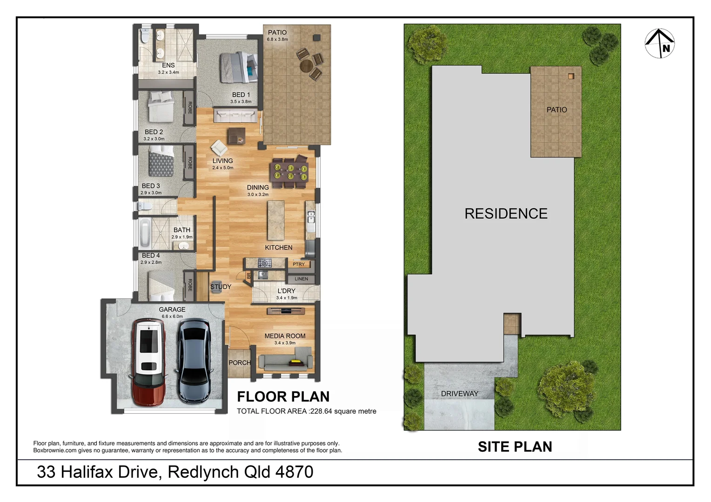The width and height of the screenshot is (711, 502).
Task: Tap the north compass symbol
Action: pyautogui.click(x=660, y=44)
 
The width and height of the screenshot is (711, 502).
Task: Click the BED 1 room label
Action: pyautogui.click(x=241, y=95)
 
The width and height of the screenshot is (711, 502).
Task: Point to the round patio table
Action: pyautogui.click(x=307, y=66)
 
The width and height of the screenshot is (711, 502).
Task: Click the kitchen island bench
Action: pyautogui.click(x=276, y=220)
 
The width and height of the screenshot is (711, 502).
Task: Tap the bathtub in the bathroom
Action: pyautogui.click(x=145, y=233)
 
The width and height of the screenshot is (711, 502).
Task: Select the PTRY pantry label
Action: pyautogui.click(x=299, y=264)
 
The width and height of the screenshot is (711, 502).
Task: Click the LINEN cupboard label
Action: pyautogui.click(x=301, y=279)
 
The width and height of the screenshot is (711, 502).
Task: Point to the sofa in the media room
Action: pyautogui.click(x=285, y=361)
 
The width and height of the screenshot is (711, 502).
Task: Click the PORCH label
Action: pyautogui.click(x=240, y=363)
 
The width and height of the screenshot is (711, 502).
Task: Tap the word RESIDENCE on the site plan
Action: pyautogui.click(x=506, y=213)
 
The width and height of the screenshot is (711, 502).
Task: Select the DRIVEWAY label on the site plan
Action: pyautogui.click(x=459, y=394)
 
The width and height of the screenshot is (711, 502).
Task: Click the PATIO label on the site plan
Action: pyautogui.click(x=557, y=110)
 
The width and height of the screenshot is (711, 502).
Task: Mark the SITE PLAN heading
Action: pyautogui.click(x=515, y=447)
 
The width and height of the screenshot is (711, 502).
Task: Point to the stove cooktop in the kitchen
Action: pyautogui.click(x=264, y=264)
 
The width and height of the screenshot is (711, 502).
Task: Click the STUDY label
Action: pyautogui.click(x=221, y=287)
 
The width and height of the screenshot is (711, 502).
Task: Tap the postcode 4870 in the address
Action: pyautogui.click(x=294, y=472)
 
